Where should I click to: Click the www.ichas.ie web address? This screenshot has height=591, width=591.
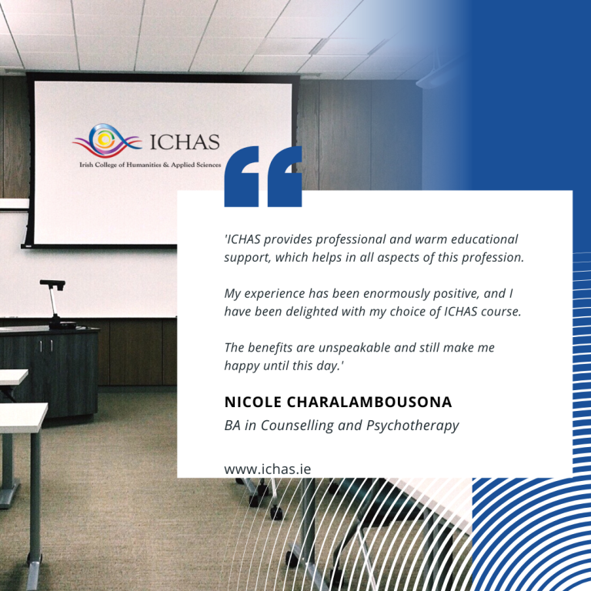coord(268,469)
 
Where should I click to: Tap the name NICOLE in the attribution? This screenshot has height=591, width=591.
coord(253,402)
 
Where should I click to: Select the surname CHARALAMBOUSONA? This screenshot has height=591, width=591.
coord(369,402)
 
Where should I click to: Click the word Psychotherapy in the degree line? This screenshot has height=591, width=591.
coord(412,426)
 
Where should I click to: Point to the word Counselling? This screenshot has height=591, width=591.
coord(297,425)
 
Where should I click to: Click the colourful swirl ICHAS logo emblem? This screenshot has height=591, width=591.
coord(107,140)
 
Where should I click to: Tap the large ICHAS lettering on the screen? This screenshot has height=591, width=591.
coord(185,142)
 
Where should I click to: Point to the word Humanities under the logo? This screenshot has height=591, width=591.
coord(144,165)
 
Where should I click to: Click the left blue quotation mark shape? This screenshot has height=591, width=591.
coord(242,176)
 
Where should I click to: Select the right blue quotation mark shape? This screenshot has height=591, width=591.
coord(285,176)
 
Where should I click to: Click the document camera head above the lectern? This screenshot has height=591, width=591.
coord(52,284)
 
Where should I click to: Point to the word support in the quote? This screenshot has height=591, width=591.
coord(247,259)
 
